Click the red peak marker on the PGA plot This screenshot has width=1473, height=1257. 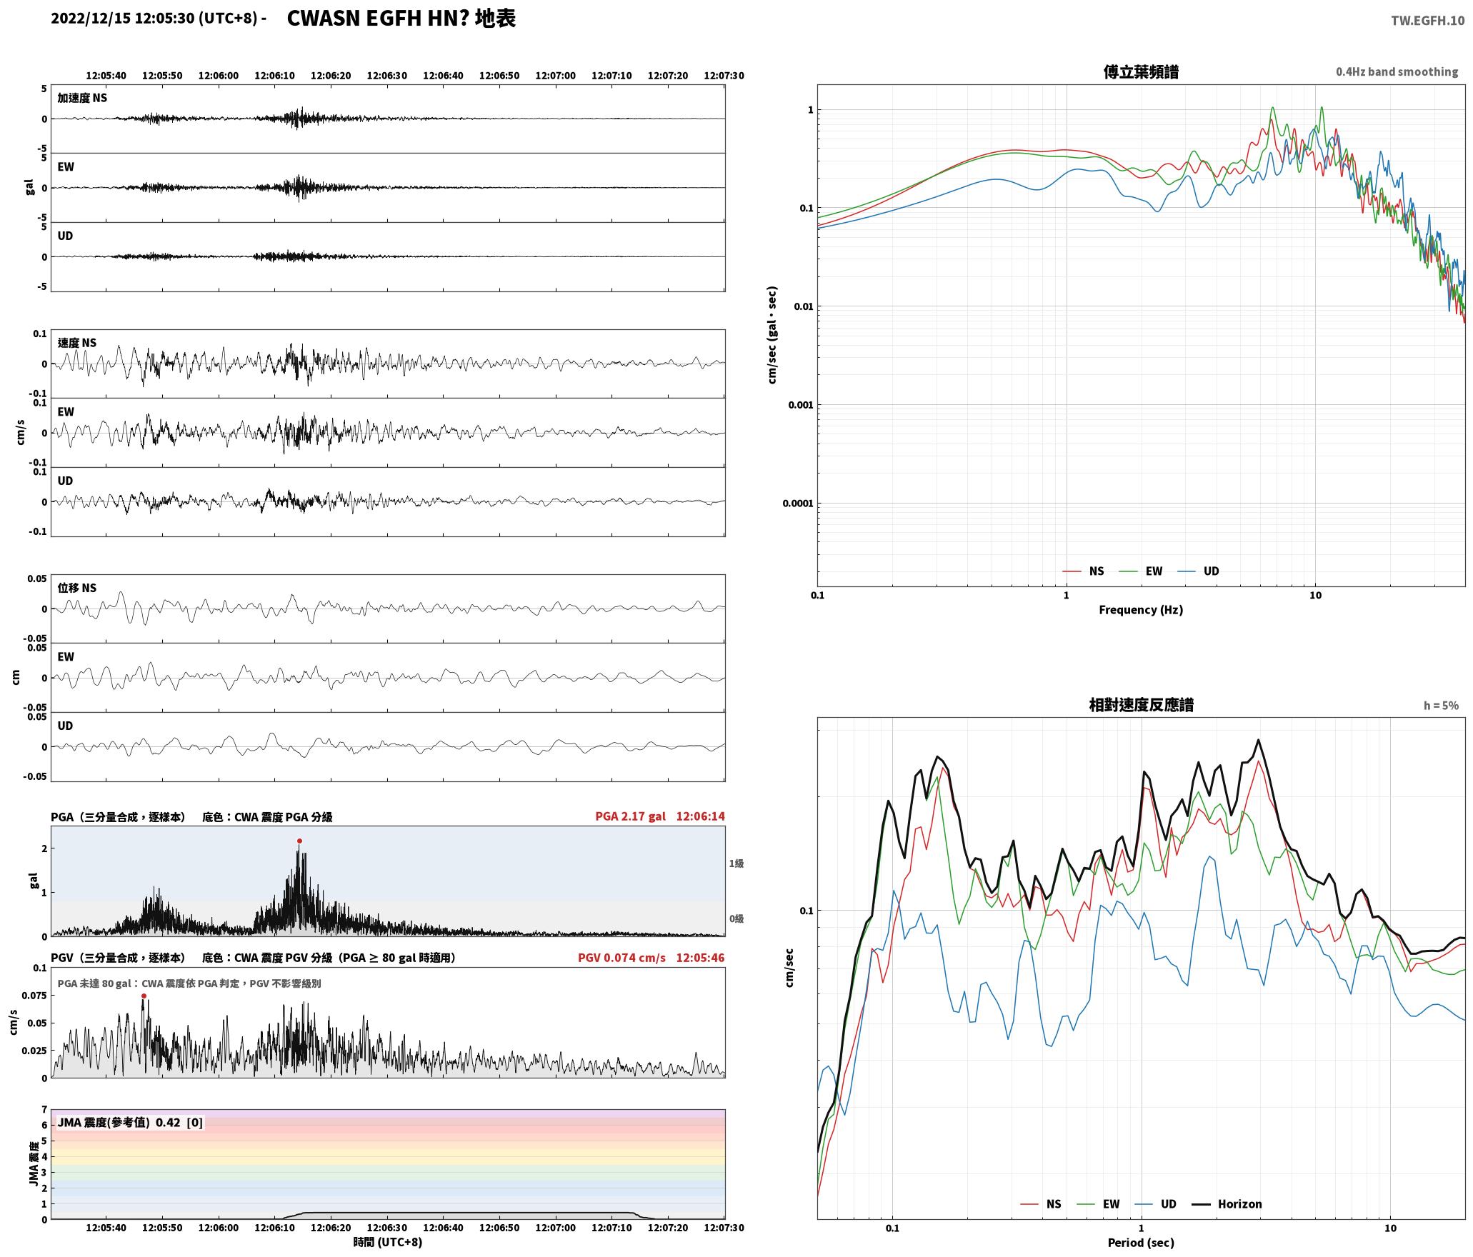(299, 841)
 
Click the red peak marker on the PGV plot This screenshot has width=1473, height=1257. (144, 996)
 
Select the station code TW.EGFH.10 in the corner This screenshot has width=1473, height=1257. (1427, 21)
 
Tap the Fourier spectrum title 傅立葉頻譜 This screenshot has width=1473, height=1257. (1141, 72)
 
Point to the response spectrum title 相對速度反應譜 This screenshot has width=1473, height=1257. (1141, 705)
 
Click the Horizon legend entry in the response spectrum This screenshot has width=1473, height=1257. (1227, 1203)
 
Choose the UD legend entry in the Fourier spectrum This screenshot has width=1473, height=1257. (1198, 571)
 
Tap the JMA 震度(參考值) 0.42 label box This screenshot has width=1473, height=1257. (130, 1122)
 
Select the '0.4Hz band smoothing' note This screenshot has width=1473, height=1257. (1397, 71)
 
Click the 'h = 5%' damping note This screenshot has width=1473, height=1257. (1441, 706)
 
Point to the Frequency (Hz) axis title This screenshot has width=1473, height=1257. (1140, 609)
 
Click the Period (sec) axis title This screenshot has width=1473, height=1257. (1140, 1242)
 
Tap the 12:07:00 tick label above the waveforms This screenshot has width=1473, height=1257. (555, 76)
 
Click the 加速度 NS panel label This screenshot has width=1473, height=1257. (82, 98)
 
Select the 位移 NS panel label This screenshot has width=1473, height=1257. (76, 588)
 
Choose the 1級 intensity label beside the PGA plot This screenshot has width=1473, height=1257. (736, 863)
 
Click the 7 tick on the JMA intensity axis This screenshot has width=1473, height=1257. (44, 1109)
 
